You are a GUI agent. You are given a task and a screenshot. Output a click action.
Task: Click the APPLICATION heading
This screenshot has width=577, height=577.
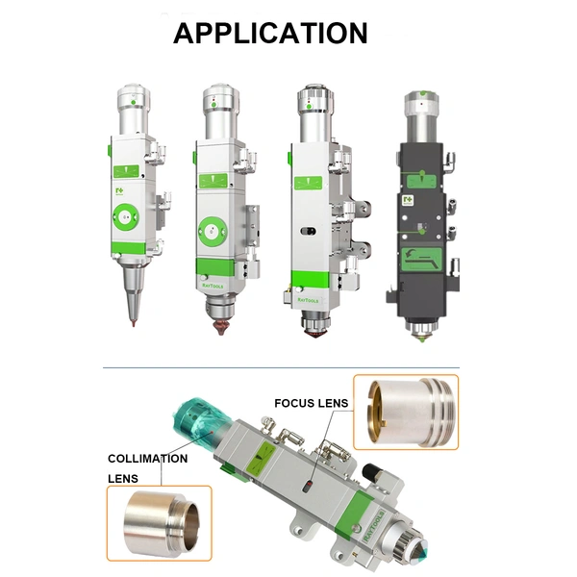[x=270, y=34]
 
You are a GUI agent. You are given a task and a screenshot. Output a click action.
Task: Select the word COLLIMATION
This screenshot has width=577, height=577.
[x=147, y=459]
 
